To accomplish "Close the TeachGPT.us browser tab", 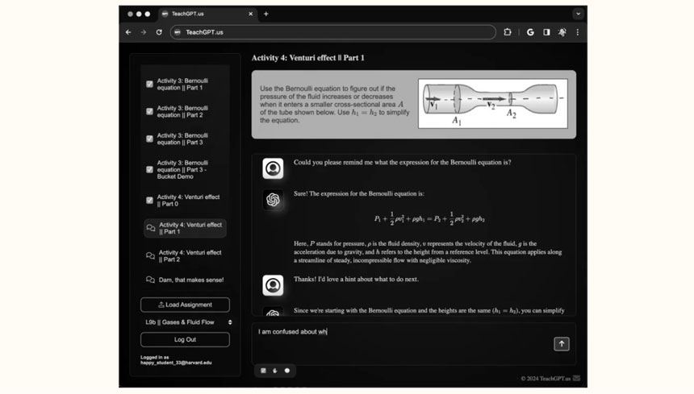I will [251, 14].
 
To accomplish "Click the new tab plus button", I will [266, 14].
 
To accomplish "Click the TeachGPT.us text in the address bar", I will [204, 32].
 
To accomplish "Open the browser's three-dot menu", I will [577, 32].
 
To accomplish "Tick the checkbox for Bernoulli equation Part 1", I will [149, 84].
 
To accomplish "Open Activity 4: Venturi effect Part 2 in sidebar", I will [190, 255].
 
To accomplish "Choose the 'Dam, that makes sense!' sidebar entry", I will [190, 280].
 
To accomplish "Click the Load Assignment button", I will [185, 305].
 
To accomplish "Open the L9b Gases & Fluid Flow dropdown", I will [185, 322].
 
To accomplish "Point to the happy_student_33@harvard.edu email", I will [176, 363].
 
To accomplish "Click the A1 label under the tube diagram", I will [456, 121].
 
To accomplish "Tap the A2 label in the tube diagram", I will [511, 114].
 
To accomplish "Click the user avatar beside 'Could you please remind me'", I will [273, 168].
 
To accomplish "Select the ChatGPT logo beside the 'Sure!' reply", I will [273, 200].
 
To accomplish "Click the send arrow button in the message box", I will [561, 344].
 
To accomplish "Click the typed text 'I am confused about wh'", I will [292, 331].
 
